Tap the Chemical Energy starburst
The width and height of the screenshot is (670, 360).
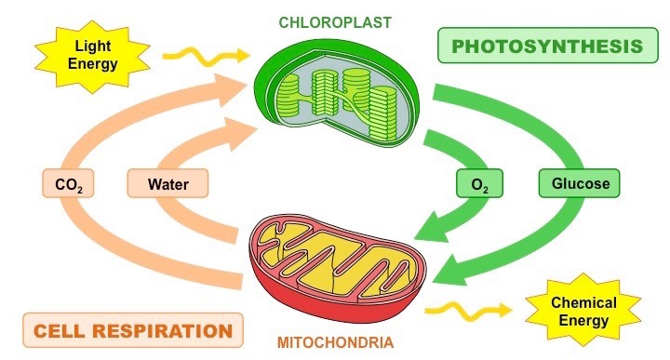[583, 312]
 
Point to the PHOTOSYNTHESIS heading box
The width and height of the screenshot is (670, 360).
[540, 46]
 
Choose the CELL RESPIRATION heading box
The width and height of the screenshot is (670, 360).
[132, 330]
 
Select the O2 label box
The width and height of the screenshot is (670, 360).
[480, 184]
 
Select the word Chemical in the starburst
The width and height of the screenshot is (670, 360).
[583, 303]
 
